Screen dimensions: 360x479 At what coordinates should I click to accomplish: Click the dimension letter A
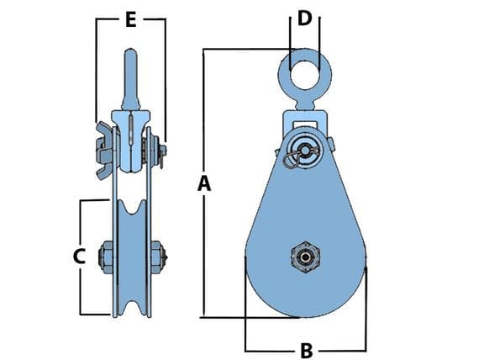pos(203,183)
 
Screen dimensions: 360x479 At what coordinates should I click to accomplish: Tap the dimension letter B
pos(306,350)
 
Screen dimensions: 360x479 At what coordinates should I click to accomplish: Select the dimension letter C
pos(79,257)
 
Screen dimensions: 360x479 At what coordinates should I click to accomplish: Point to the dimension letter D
pos(304,17)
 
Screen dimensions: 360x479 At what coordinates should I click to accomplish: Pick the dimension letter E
pos(130,20)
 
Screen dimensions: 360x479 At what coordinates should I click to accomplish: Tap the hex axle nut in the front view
pos(304,256)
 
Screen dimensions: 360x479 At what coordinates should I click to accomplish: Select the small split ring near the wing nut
pos(290,161)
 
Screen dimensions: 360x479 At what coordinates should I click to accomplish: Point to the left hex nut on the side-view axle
pos(106,256)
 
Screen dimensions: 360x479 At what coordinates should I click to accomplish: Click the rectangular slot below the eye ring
pos(304,124)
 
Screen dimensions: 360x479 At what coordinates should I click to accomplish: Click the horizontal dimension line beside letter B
pos(269,350)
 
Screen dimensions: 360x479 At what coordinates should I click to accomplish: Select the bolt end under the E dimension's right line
pos(162,151)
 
